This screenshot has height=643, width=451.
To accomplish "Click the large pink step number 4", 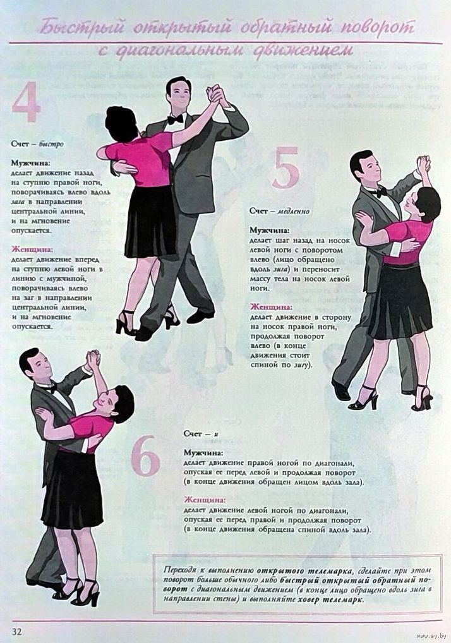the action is click(27, 102).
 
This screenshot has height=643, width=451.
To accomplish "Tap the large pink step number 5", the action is click(286, 168).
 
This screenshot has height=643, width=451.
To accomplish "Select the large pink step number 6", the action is click(145, 455).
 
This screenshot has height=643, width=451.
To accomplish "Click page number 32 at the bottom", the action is click(17, 631).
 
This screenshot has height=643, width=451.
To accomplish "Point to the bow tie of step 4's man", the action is click(175, 119).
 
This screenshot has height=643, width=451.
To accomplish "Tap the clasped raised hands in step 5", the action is click(423, 164).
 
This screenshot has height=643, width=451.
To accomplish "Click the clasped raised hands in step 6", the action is click(93, 359).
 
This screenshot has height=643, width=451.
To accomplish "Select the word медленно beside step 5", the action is click(294, 211).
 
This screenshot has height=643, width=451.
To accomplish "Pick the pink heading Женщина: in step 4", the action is click(32, 249).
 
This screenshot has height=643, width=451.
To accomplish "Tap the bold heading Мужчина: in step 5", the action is click(269, 231).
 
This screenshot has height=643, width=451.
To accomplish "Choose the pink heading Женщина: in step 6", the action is click(205, 500).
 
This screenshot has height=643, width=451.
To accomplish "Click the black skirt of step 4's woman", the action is click(152, 222).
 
